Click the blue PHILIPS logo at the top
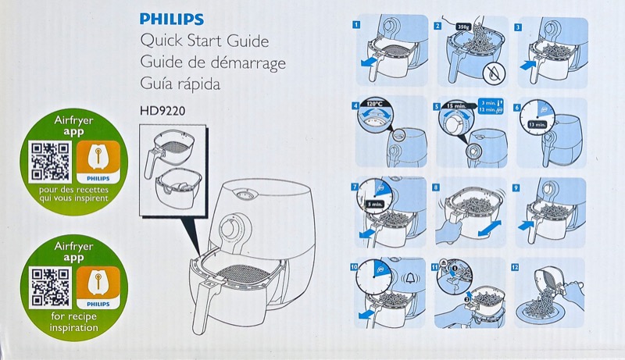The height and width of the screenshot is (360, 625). point(171,20)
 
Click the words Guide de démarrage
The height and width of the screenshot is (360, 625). point(212,62)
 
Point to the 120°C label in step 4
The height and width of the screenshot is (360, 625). point(372,104)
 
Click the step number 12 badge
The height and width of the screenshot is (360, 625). point(515,267)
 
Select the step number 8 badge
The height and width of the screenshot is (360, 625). point(436,187)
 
